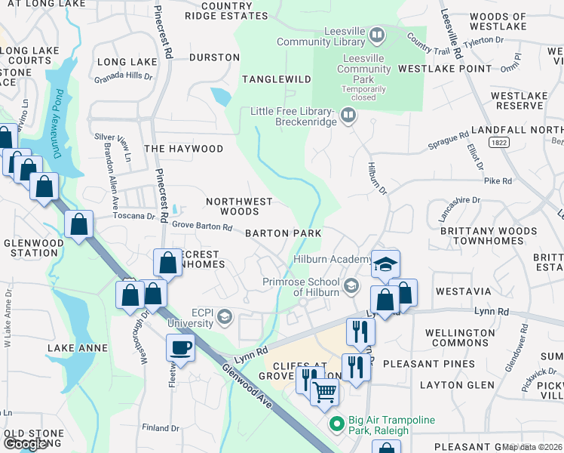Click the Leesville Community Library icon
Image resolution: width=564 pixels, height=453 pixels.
(x=376, y=35)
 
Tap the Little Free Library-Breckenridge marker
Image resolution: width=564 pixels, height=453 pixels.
(x=348, y=116)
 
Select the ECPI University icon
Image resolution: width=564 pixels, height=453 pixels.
(x=224, y=317)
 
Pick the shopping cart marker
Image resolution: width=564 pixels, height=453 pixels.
(x=324, y=390)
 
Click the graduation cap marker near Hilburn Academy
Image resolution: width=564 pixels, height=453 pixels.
(x=385, y=264)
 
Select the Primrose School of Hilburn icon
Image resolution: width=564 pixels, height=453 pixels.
(x=351, y=286)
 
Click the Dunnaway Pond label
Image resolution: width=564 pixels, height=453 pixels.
(x=57, y=124)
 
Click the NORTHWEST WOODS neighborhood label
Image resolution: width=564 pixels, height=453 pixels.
(x=238, y=207)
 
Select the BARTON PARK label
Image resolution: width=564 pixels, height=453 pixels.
(x=283, y=233)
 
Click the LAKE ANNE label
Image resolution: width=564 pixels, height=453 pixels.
(x=77, y=348)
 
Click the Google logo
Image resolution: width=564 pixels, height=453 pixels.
(x=25, y=444)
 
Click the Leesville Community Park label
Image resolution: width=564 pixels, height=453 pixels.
(x=366, y=69)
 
